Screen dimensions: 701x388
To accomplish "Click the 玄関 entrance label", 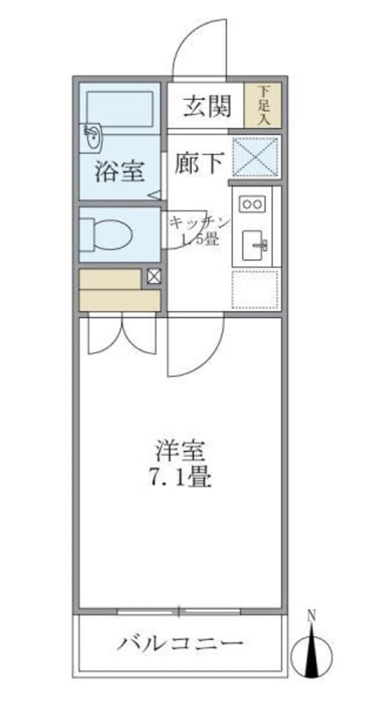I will coord(206,107).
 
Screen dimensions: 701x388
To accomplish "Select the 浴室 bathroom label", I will coord(119,171).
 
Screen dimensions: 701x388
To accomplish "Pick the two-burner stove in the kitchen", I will coord(251,204).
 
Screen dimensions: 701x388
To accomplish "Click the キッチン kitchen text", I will coord(199,223).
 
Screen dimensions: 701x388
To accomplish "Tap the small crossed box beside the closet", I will coord(154,277).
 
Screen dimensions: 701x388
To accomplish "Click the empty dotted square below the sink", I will coord(255,289).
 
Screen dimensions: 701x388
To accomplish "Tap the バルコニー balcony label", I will coord(180,644).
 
